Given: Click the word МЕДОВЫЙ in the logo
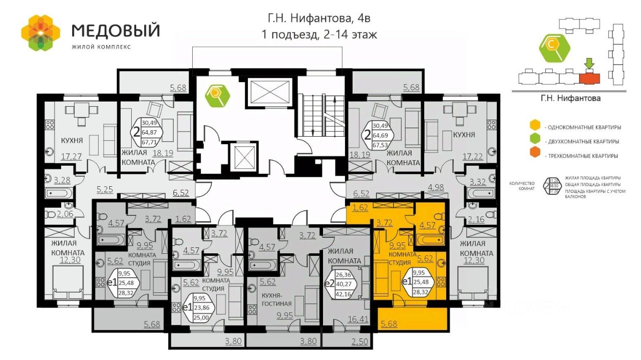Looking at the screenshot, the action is pos(116,30).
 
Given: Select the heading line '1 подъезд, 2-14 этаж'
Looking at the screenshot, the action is pos(319,35).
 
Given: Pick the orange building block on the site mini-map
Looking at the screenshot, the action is pos(589,78).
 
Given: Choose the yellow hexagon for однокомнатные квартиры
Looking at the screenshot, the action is pos(535,126).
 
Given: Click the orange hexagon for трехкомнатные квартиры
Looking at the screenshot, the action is pos(535,155).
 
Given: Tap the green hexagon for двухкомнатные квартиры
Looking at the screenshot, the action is pos(535,141).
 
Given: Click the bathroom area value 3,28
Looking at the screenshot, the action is pos(62,180).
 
